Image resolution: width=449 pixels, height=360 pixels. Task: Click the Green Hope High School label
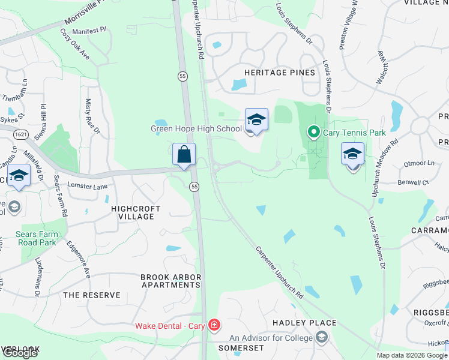[x=196, y=128]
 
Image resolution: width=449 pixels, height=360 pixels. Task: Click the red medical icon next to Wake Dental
[x=214, y=326]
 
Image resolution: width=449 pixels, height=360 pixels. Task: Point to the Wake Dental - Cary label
[x=170, y=326]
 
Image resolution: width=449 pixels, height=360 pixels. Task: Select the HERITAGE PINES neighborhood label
[x=279, y=73]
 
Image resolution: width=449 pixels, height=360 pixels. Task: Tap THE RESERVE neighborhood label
[x=92, y=295]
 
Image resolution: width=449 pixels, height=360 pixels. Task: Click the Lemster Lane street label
[x=87, y=187]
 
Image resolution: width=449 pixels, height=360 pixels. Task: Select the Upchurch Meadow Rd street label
[x=376, y=169]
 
